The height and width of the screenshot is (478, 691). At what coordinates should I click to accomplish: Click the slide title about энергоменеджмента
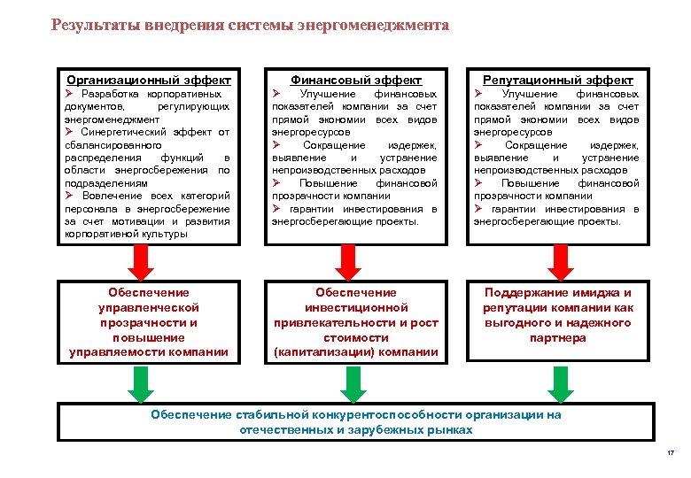[x=250, y=26]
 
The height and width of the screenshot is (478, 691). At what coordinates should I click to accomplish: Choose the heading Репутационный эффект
[x=557, y=80]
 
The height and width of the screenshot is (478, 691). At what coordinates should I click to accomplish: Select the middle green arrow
[x=353, y=383]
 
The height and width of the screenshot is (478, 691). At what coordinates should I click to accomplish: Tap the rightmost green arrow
[x=560, y=383]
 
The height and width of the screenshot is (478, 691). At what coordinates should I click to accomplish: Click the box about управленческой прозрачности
[x=148, y=322]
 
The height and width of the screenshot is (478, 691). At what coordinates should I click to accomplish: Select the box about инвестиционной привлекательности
[x=357, y=322]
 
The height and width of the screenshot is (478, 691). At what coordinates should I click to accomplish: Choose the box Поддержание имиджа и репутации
[x=557, y=315]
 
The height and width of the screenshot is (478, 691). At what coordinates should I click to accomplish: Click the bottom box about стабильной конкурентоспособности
[x=356, y=422]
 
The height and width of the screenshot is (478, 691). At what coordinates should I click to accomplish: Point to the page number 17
[x=670, y=454]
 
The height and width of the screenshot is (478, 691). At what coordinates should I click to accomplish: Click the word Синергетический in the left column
[x=125, y=132]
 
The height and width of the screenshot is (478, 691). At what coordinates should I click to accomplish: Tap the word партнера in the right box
[x=558, y=337]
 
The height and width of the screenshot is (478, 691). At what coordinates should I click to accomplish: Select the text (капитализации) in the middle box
[x=319, y=352]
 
